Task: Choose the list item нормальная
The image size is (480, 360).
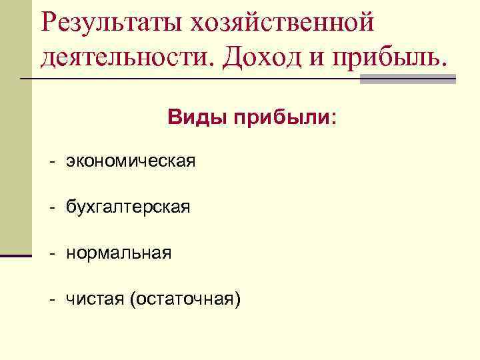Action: pyautogui.click(x=119, y=253)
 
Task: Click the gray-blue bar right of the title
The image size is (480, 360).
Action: pyautogui.click(x=408, y=79)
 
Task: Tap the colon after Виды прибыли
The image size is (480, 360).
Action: pyautogui.click(x=333, y=119)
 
